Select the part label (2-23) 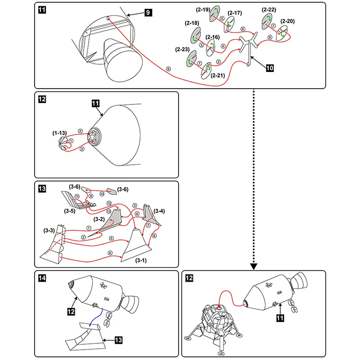click(x=182, y=49)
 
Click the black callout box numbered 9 click(x=148, y=13)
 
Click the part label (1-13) click(x=59, y=133)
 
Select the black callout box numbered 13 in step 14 click(x=118, y=340)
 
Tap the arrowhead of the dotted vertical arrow click(x=253, y=266)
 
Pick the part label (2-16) click(x=213, y=37)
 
